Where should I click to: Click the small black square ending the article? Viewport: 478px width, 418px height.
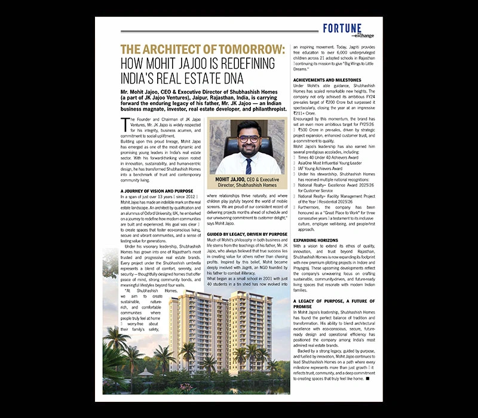click(x=368, y=379)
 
